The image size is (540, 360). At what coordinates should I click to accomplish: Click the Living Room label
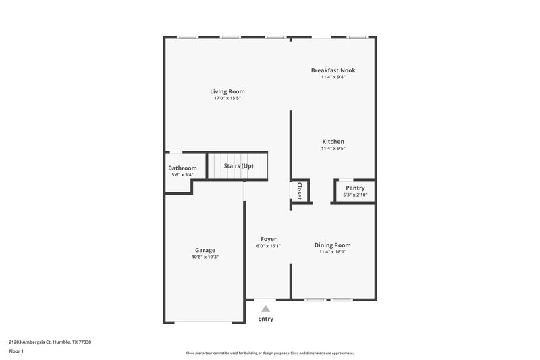[x=227, y=91]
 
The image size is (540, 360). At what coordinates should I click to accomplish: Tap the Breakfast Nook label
[x=333, y=70]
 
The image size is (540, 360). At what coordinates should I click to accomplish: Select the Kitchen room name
[x=333, y=141]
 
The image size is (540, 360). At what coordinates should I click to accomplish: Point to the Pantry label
[x=355, y=188]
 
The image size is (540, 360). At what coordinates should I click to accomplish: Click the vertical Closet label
[x=299, y=190]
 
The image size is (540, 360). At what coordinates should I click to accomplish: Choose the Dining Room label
[x=333, y=245]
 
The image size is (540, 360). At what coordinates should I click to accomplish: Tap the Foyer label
[x=269, y=239]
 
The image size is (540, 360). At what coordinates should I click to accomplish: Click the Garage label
[x=205, y=250]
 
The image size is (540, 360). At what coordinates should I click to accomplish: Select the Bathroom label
[x=182, y=168]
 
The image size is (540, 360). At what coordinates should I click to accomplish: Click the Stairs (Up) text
[x=238, y=165]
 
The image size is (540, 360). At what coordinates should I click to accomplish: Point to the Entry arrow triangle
[x=265, y=308]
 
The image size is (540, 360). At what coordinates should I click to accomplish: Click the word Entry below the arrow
[x=266, y=319]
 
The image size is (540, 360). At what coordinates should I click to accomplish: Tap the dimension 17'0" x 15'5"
[x=227, y=99]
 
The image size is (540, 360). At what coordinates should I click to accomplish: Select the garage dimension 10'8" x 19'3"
[x=205, y=257]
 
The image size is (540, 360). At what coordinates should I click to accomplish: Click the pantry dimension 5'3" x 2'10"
[x=355, y=195]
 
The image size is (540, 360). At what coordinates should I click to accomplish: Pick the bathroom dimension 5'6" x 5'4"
[x=182, y=175]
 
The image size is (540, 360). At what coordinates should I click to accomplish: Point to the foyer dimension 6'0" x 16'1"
[x=269, y=246]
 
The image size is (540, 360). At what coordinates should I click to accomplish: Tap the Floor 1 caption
[x=16, y=352]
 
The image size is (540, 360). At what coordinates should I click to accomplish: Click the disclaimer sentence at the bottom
[x=270, y=353]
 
